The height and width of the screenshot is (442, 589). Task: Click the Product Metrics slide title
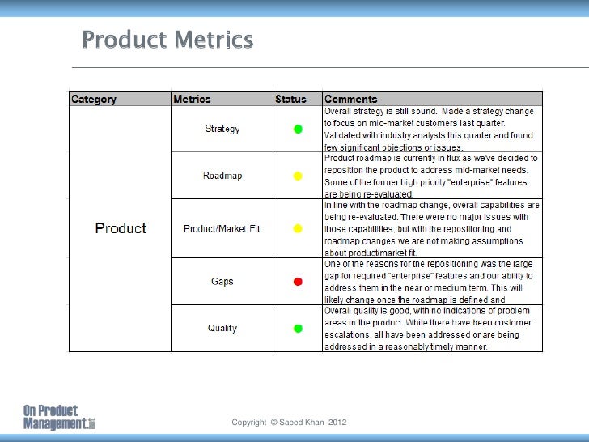click(167, 40)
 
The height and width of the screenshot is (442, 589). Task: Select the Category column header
click(94, 100)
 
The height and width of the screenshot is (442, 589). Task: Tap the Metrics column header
click(192, 100)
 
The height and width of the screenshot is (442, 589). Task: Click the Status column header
click(290, 100)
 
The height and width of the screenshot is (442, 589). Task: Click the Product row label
click(121, 228)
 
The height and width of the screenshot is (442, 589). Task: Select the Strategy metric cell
click(222, 129)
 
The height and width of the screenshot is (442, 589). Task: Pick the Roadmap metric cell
click(222, 176)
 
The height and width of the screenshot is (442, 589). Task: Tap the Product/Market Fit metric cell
click(222, 229)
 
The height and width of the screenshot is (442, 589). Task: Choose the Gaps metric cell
click(222, 282)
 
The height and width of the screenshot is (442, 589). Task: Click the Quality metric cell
click(222, 328)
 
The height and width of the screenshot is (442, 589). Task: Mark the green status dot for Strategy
click(298, 129)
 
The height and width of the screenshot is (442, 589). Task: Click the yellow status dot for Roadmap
click(298, 176)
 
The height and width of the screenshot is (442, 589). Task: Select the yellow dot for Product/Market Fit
click(298, 229)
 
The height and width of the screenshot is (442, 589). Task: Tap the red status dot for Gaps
click(298, 282)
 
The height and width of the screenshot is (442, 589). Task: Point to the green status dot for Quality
click(298, 328)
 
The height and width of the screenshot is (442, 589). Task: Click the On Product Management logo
click(58, 417)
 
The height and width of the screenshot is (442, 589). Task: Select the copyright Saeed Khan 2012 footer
click(289, 423)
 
